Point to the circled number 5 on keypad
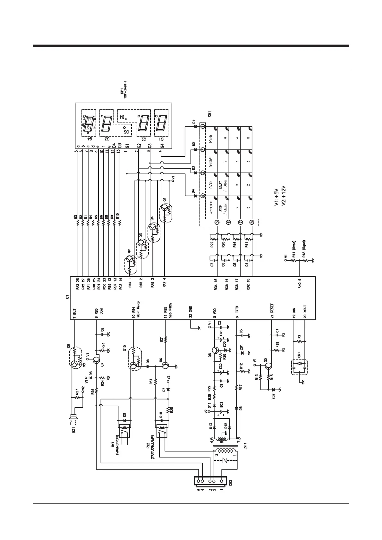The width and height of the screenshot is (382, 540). (x=217, y=222)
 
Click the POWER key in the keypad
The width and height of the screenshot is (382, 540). (x=211, y=139)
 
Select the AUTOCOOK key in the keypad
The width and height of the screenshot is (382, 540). (x=211, y=207)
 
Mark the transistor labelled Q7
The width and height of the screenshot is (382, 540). (x=97, y=360)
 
